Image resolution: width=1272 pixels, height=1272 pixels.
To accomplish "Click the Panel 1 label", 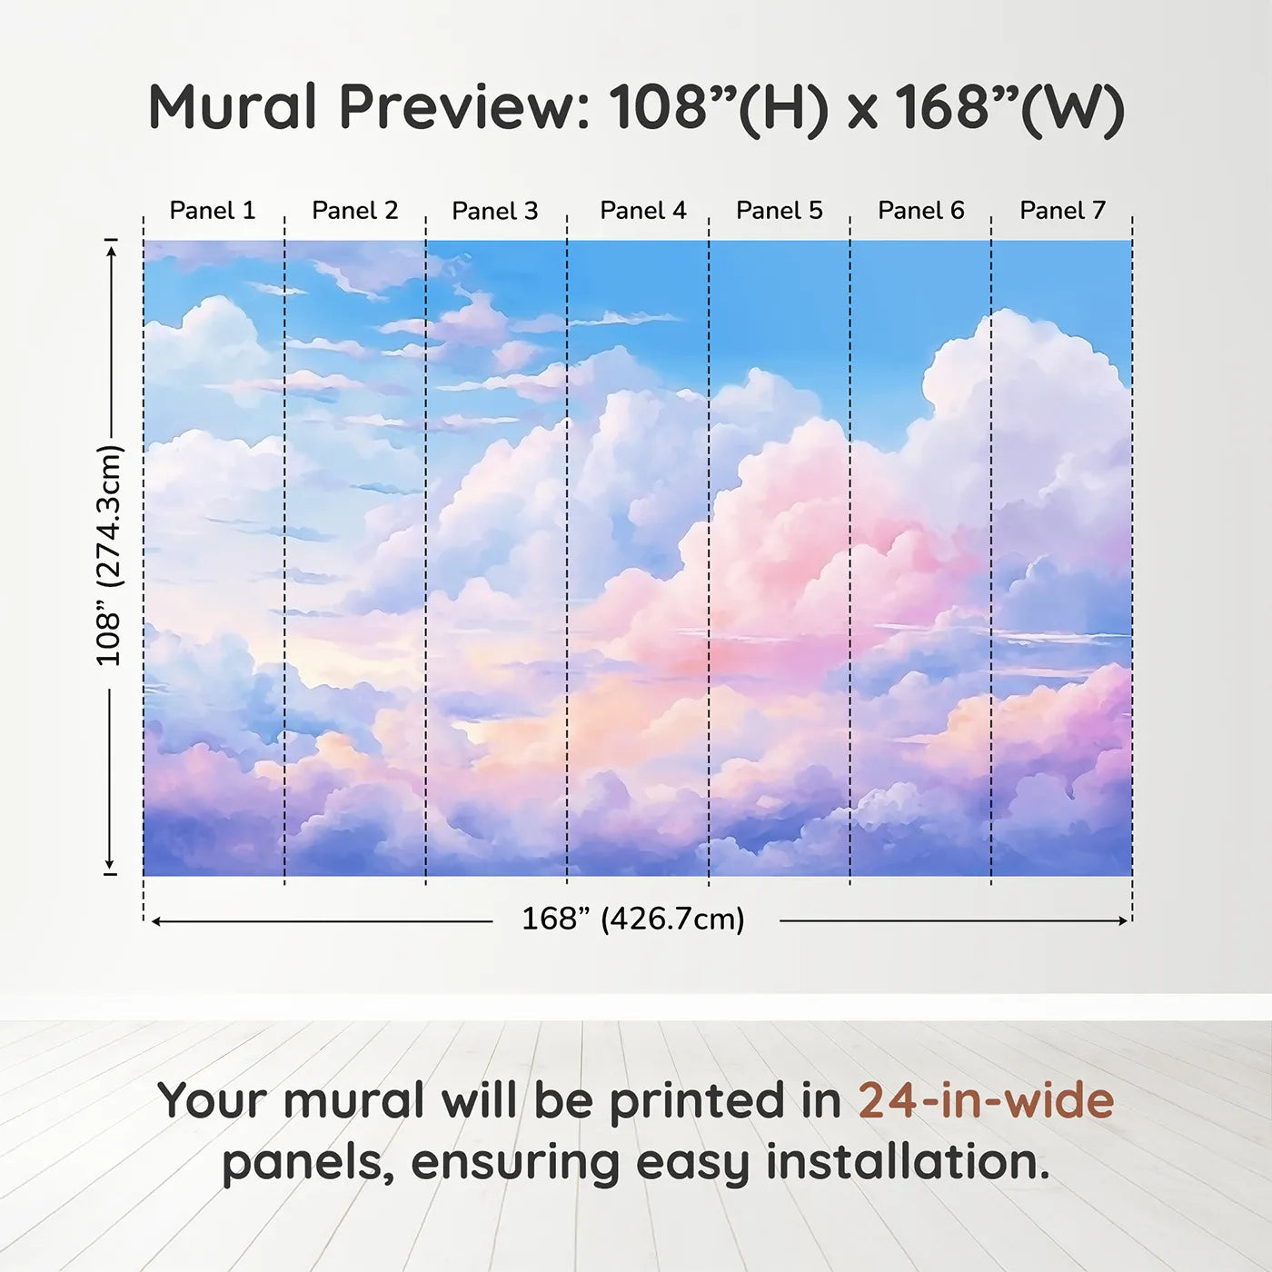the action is (213, 210).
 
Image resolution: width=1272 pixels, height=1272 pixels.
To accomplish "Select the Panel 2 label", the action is (355, 210).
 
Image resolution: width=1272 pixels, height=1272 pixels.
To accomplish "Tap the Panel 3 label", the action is (495, 211).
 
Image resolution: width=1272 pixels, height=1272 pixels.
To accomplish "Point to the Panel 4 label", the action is (643, 210).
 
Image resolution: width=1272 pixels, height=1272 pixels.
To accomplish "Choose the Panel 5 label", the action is (780, 210).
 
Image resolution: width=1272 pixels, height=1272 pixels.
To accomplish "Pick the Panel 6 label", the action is (920, 210).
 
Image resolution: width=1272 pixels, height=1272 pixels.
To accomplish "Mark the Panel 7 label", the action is (1063, 210).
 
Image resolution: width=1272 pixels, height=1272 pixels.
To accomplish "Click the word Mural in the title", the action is (233, 106).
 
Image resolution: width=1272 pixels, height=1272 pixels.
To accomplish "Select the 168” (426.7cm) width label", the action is (633, 919).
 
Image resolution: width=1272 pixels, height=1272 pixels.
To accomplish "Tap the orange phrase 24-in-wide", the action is (986, 1099).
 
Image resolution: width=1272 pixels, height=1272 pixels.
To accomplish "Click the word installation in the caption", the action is (908, 1162).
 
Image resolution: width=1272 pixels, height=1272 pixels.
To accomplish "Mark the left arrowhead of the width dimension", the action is (156, 921).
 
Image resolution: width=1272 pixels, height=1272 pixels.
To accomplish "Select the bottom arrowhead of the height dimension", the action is (110, 864).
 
